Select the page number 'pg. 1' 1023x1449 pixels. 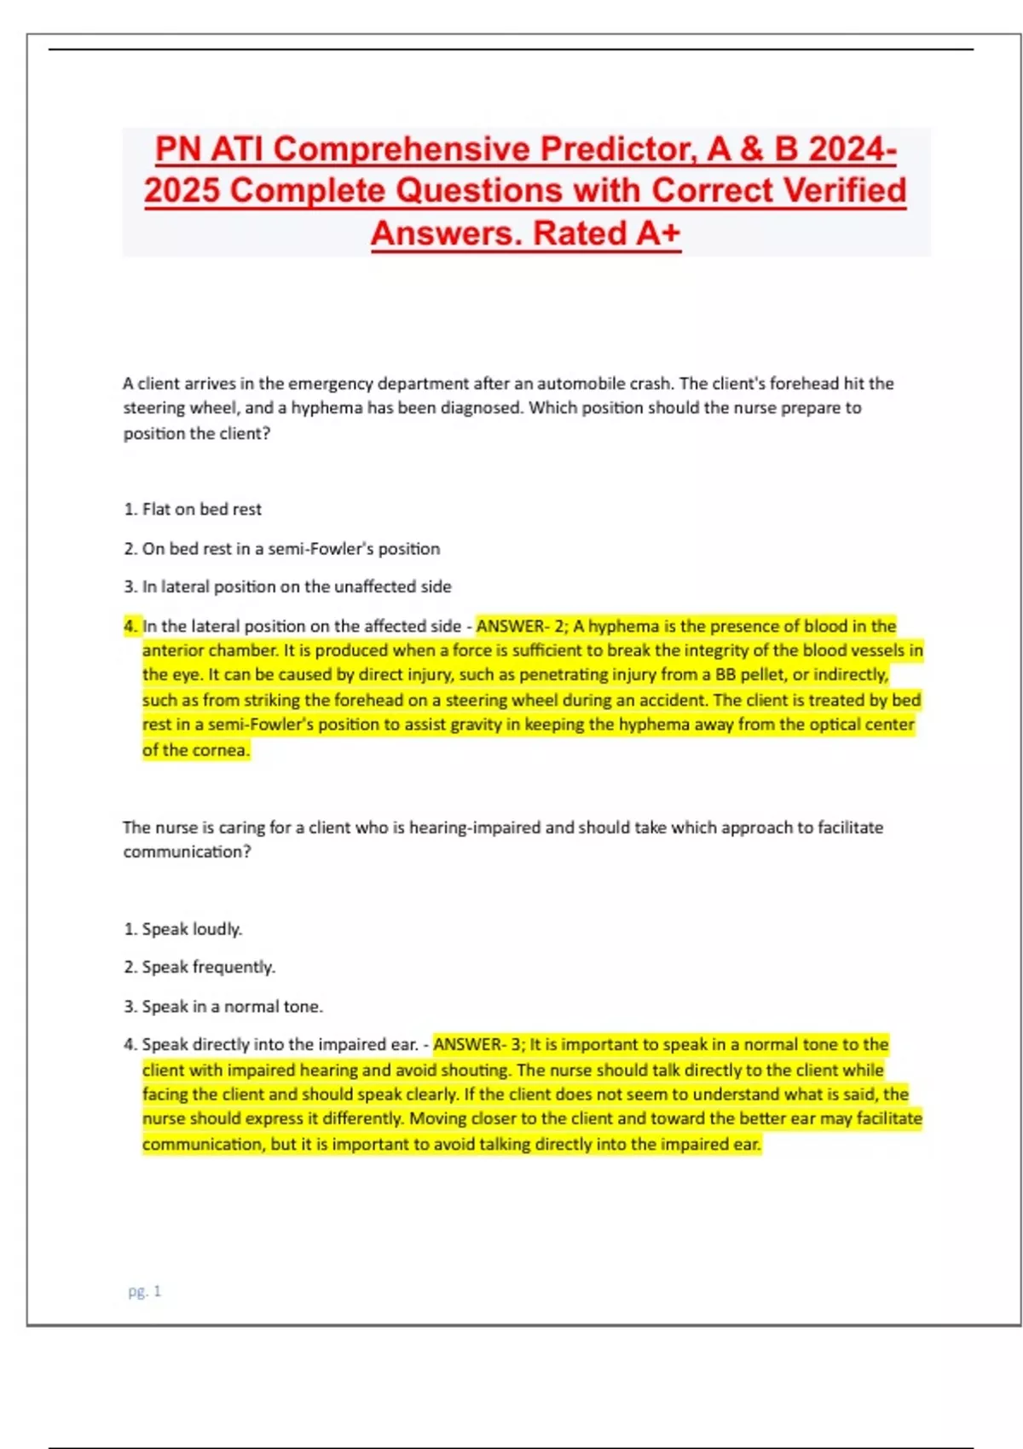[144, 1291]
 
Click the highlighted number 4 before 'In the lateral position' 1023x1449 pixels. [130, 626]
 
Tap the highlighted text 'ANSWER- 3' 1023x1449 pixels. [478, 1044]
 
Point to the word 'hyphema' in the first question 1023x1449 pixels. [327, 408]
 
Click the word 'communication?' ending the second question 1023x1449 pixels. [187, 852]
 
